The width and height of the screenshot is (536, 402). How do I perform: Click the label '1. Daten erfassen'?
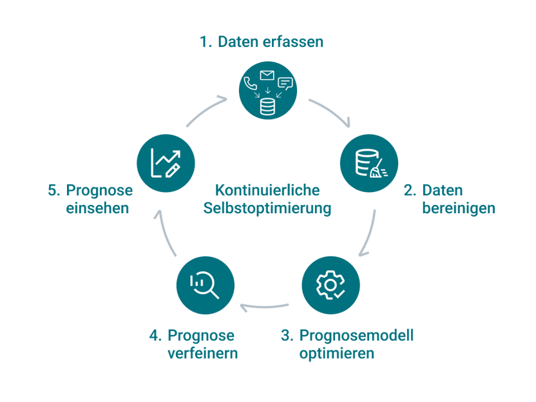tap(261, 43)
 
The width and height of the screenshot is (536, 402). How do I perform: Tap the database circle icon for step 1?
tap(267, 90)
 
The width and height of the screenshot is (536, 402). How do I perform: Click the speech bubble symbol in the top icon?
tap(285, 83)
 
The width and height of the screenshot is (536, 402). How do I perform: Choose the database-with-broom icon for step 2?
tap(368, 163)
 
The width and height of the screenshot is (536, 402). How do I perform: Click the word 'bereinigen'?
tap(458, 209)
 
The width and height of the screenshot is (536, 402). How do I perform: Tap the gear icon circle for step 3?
tap(330, 285)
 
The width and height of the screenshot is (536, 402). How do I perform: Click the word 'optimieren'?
tap(336, 354)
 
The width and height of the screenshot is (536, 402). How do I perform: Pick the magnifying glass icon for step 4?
tap(206, 285)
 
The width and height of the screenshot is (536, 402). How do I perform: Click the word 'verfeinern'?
tap(202, 354)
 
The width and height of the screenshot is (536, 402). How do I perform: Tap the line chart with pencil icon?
tap(166, 163)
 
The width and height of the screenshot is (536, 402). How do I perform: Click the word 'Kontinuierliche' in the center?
tap(267, 191)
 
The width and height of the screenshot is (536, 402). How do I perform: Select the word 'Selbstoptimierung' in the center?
tap(267, 209)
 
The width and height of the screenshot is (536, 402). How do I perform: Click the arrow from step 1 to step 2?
tap(331, 111)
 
